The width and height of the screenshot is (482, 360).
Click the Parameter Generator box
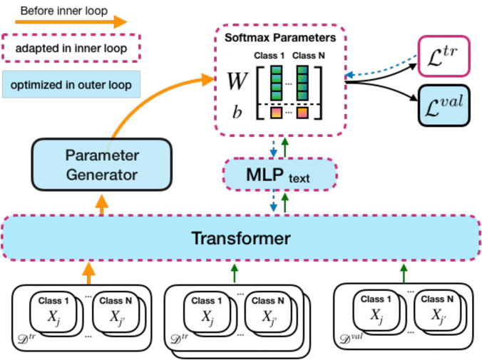click(102, 165)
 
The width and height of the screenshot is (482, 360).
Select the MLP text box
click(280, 175)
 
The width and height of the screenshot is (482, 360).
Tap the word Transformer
click(241, 238)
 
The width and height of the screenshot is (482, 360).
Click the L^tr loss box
click(444, 56)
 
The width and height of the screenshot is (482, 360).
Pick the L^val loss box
click(444, 106)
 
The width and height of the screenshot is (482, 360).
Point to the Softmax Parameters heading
click(280, 38)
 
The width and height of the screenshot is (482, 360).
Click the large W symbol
click(237, 81)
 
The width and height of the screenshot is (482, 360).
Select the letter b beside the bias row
click(237, 111)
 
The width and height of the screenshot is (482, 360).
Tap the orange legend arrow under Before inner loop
click(71, 22)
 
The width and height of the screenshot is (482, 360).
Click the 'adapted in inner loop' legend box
click(71, 48)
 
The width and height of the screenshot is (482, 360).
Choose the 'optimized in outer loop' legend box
click(71, 85)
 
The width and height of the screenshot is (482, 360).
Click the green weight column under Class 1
click(276, 83)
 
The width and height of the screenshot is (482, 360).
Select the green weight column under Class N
click(302, 83)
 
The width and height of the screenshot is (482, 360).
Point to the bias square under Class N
click(302, 113)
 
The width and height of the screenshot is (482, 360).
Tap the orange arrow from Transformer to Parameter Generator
click(102, 205)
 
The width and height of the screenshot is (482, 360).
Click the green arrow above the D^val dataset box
click(404, 273)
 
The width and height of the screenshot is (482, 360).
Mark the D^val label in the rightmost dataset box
click(351, 338)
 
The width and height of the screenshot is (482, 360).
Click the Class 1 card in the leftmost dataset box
click(53, 312)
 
